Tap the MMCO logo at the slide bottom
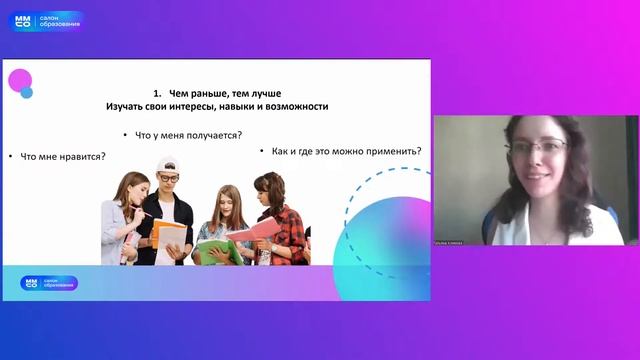coord(49,283)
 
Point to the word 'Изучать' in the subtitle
coord(126,106)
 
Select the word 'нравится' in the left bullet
coord(83,156)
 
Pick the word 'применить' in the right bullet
coord(388,152)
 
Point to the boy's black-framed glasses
coord(169,177)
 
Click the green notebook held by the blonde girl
coord(212,250)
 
